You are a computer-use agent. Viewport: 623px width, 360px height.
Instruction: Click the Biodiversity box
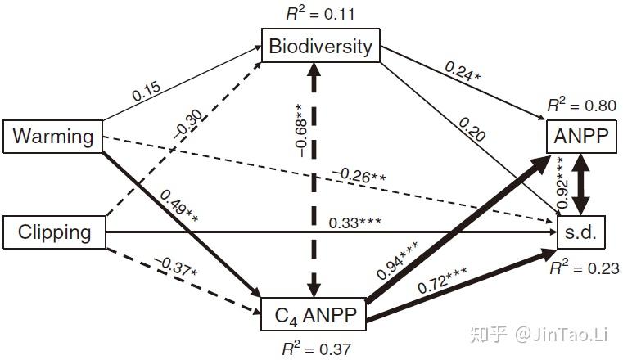321,46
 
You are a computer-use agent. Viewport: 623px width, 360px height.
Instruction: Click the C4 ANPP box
313,313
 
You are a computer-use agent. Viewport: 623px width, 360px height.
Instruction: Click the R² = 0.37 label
316,349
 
